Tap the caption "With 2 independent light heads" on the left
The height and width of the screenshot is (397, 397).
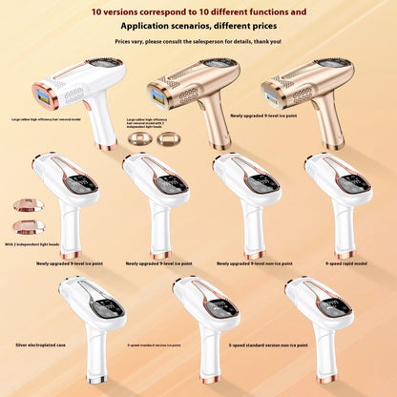32,245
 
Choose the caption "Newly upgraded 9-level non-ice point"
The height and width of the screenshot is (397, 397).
251,262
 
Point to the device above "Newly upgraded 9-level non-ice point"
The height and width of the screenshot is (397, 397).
248,200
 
